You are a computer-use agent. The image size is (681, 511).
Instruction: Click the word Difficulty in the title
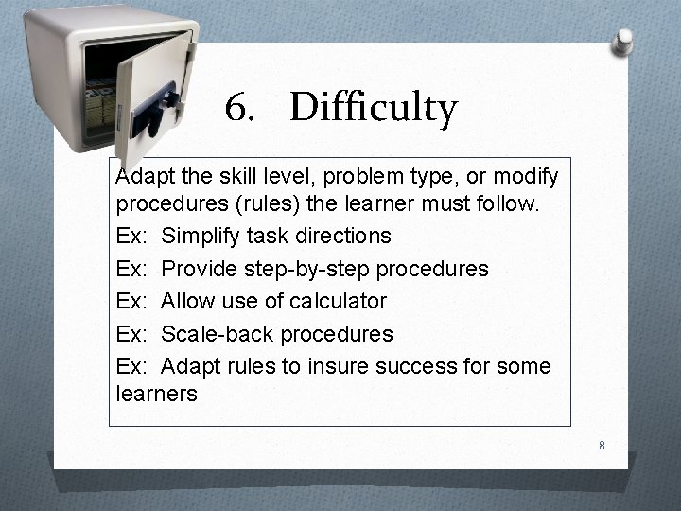point(373,109)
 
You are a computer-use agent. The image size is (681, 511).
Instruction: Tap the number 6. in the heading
point(240,109)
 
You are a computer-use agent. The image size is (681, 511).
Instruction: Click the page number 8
point(601,445)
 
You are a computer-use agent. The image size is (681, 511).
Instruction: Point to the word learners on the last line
point(156,394)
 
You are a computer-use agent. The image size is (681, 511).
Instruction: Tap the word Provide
point(200,269)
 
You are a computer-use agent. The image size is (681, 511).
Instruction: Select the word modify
point(526,177)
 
